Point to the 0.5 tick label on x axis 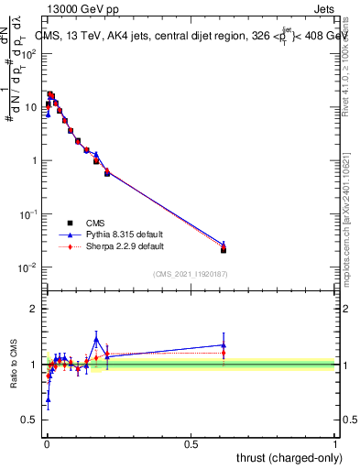(x=191, y=443)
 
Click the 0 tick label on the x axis (x=47, y=443)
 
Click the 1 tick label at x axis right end (x=336, y=443)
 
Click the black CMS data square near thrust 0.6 (x=224, y=249)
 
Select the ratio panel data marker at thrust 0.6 (x=224, y=346)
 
